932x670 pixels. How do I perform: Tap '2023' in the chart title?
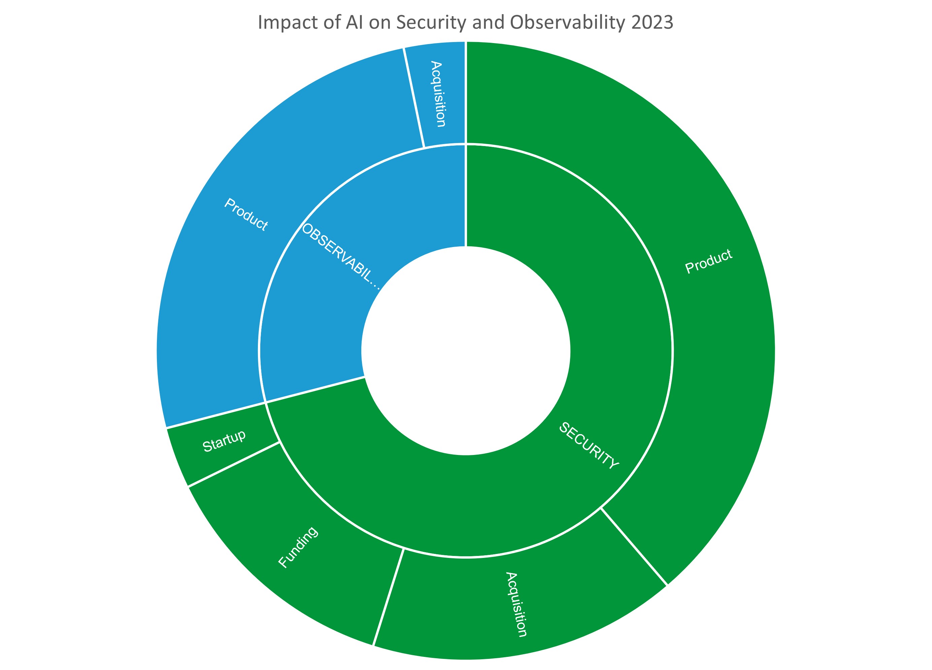point(652,22)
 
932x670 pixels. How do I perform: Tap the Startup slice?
point(224,441)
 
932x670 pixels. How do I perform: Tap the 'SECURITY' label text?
point(589,446)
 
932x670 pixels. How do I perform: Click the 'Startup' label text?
point(224,441)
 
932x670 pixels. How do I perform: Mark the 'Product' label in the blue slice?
point(246,214)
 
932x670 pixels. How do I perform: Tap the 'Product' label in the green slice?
point(708,261)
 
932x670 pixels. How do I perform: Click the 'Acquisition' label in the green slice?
point(516,604)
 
